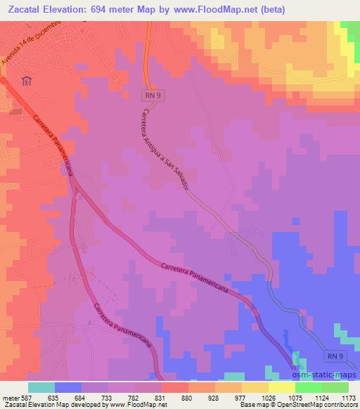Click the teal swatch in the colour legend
point(41,387)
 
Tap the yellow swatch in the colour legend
point(255,387)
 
